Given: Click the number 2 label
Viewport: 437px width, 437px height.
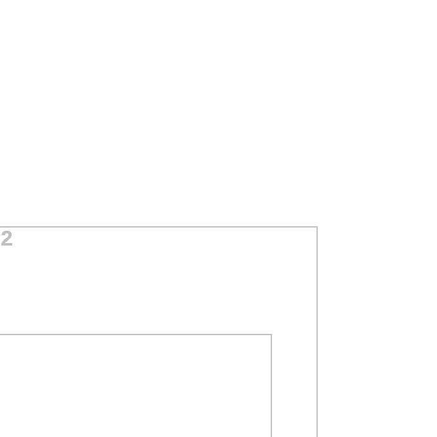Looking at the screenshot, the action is pos(6,238).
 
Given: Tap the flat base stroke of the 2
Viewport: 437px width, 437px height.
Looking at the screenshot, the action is pos(7,245).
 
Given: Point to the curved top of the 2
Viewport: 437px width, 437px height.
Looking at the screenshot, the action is pos(7,233).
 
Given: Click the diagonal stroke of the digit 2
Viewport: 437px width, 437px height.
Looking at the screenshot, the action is pos(6,240).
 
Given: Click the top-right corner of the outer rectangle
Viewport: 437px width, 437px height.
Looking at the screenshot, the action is pos(317,227).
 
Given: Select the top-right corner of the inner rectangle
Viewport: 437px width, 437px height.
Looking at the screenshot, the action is pos(271,334).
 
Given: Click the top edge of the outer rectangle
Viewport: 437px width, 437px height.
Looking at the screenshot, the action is pos(159,227).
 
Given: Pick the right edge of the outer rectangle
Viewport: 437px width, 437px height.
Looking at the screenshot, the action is pos(317,332).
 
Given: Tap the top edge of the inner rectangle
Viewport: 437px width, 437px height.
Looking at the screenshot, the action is pos(136,334).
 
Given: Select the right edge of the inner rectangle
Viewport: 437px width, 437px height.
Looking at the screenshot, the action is pos(271,385).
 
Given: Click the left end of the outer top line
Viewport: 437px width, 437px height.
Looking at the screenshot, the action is pos(0,227).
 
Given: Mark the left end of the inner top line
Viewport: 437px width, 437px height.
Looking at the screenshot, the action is pos(0,334).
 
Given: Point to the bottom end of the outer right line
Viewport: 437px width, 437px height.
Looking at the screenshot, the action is pos(317,436).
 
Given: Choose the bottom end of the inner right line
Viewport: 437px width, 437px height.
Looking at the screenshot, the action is pos(271,436).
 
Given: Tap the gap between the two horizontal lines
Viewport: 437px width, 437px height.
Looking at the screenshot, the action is pos(136,280).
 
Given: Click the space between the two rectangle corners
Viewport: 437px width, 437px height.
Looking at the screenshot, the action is pos(295,280).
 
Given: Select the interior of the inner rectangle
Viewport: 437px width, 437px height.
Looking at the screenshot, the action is pos(135,386).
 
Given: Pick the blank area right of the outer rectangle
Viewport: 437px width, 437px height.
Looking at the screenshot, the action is pos(377,332).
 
